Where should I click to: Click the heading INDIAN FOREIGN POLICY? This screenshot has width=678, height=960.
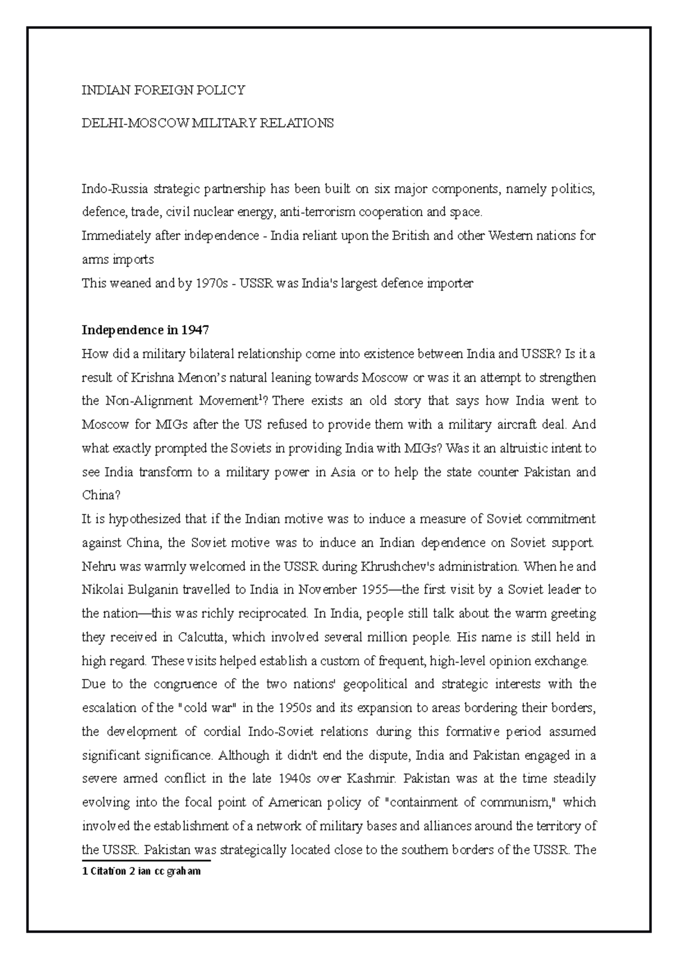coord(163,90)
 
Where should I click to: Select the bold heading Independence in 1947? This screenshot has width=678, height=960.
coord(145,330)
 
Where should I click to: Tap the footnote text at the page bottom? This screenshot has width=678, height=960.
coord(141,871)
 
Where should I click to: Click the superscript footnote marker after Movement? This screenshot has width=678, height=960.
coord(259,398)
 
